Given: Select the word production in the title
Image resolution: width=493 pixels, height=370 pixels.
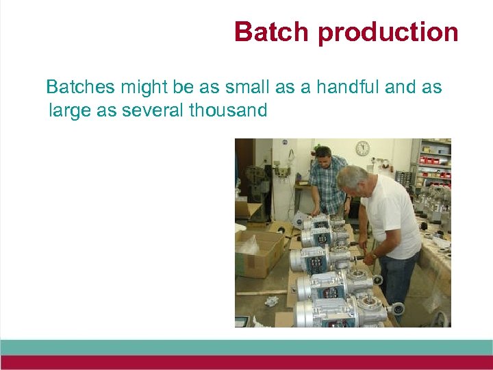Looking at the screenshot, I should pyautogui.click(x=387, y=33).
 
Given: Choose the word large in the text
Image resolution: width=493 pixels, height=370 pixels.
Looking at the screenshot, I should pyautogui.click(x=71, y=110).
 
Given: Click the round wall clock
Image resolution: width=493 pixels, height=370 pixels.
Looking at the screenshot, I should pyautogui.click(x=362, y=148).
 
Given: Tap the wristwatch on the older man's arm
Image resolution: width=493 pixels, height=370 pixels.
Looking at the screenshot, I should pyautogui.click(x=373, y=257).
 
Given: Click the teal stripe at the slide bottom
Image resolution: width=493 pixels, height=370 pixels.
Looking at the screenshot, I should pyautogui.click(x=246, y=347).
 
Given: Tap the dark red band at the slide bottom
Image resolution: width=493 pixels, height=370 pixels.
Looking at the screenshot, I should pyautogui.click(x=246, y=362).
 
